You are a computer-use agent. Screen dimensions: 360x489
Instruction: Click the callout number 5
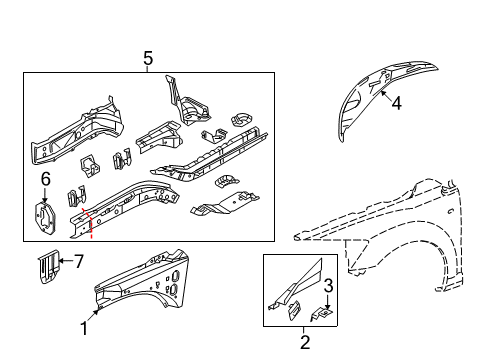[x=148, y=58]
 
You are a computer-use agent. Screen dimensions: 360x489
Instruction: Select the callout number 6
[x=45, y=178]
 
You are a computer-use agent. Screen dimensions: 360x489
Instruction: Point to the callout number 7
[x=81, y=263]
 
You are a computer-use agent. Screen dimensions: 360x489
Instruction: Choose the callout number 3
[x=328, y=287]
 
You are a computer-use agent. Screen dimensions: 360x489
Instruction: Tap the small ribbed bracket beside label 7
[x=46, y=267]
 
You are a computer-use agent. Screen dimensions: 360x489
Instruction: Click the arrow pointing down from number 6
[x=45, y=194]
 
